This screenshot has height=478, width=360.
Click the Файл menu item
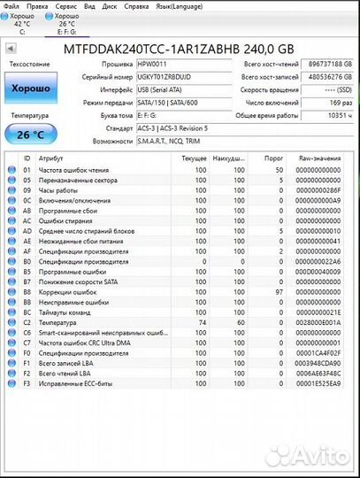(11, 6)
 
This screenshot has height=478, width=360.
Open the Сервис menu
(64, 6)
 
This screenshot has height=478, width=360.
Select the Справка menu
(135, 6)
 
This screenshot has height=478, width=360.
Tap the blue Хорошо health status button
(30, 89)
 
